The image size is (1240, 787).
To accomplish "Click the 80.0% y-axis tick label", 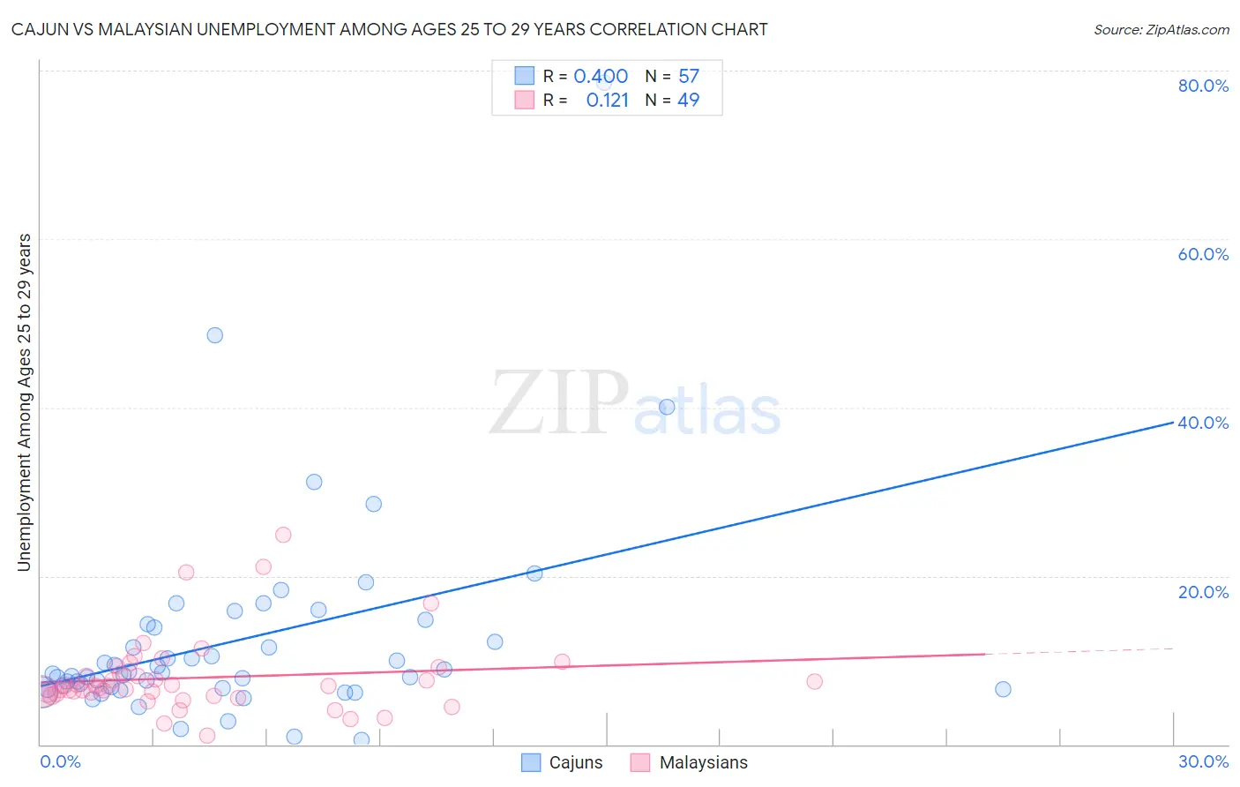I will (1203, 86).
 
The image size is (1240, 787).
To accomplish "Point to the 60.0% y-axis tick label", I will (1203, 254).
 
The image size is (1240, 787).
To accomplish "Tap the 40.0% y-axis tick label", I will (1203, 423).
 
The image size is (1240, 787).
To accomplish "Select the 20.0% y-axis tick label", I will (1203, 592).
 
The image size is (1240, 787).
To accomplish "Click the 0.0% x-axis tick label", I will (60, 761).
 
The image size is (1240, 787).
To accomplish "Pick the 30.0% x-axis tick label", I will (1203, 761).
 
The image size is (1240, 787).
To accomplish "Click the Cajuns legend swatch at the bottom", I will (531, 762).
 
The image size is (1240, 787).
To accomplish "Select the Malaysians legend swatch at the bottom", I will (640, 762).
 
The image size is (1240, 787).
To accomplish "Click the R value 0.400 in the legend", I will (601, 76).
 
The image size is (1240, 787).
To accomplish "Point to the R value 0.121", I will (608, 100).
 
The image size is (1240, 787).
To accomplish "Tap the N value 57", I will (689, 76).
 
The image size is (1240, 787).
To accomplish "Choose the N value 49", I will (689, 100).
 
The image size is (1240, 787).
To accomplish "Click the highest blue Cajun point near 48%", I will (214, 335).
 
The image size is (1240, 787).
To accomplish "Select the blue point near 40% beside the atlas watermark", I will (667, 407).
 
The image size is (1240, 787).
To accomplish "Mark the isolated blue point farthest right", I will (1003, 689).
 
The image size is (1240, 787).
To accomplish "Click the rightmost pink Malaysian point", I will (814, 681).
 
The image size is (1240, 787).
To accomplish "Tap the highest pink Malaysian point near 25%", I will (283, 535).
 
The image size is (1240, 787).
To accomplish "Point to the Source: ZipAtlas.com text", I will (1161, 29).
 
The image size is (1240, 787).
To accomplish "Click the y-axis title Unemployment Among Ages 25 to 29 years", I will (25, 401).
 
